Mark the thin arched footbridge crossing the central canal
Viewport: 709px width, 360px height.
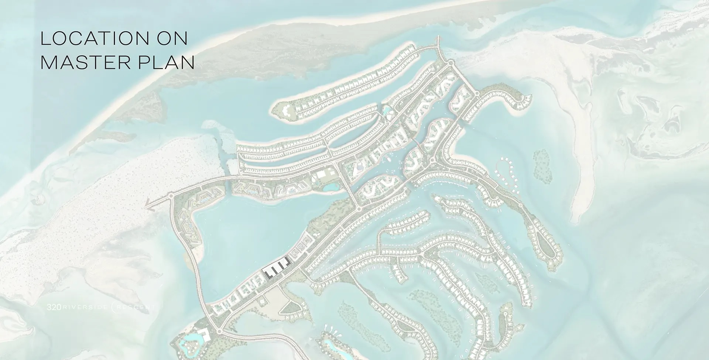click(417, 144)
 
